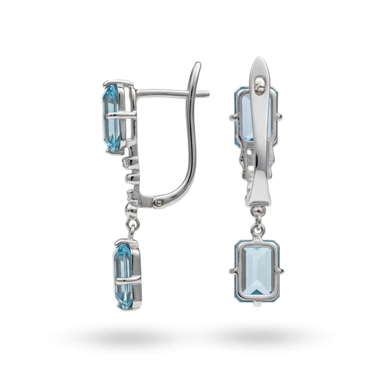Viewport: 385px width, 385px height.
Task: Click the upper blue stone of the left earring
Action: [x=112, y=118]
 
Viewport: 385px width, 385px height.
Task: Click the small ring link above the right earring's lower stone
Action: [x=256, y=228]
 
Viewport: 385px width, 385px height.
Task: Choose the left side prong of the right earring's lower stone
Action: [x=232, y=271]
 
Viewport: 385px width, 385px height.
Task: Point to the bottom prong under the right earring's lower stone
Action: [x=256, y=304]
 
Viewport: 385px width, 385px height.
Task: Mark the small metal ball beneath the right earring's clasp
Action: [x=256, y=211]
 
